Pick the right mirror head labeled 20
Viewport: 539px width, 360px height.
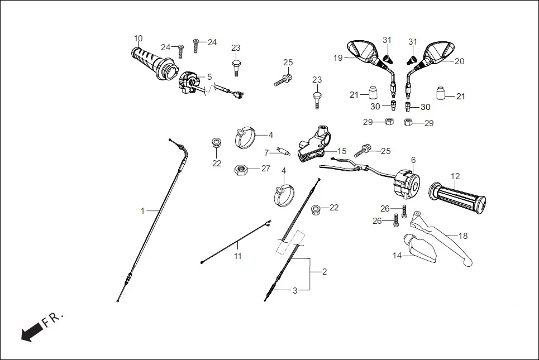click(439, 51)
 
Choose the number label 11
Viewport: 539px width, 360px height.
click(238, 256)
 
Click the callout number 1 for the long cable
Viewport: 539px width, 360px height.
click(142, 210)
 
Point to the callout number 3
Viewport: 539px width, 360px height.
click(295, 290)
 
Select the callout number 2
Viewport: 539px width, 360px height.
click(325, 272)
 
